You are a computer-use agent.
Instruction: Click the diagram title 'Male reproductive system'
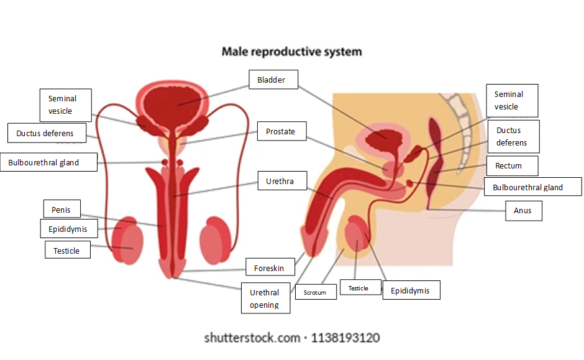[x=291, y=51]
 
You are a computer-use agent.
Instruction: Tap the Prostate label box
[x=281, y=131]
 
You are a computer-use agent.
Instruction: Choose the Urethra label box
[x=280, y=182]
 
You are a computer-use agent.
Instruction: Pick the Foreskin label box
[x=269, y=268]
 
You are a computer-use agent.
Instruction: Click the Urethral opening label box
[x=265, y=298]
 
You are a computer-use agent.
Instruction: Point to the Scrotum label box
[x=315, y=292]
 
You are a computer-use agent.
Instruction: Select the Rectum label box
[x=508, y=166]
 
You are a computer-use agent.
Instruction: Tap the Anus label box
[x=523, y=211]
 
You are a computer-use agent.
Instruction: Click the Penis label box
[x=62, y=210]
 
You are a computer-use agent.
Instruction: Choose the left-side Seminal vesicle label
[x=62, y=104]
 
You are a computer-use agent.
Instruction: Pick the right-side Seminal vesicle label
[x=511, y=100]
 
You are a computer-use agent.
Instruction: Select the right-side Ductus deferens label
[x=512, y=136]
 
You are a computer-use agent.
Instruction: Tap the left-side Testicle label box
[x=67, y=251]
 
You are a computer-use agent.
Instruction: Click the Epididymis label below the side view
[x=410, y=290]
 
